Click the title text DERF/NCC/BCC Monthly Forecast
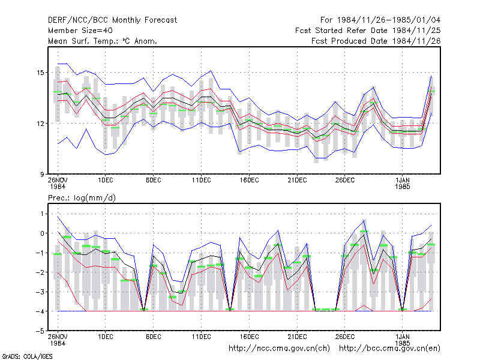tap(112, 20)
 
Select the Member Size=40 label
tap(80, 31)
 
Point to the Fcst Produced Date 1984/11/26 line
tap(376, 41)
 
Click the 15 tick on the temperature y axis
tap(40, 73)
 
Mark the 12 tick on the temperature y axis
tap(40, 124)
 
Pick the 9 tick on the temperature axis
tap(42, 175)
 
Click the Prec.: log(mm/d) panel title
tap(82, 198)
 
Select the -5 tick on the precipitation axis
tap(40, 331)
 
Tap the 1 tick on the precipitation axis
tap(42, 214)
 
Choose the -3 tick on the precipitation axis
tap(40, 292)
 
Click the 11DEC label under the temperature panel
tap(202, 181)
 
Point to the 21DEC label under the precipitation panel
tap(297, 337)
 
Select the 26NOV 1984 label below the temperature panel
tap(58, 184)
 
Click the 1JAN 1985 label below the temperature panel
tap(403, 184)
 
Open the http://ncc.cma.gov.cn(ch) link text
tap(280, 349)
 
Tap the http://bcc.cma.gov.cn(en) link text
tap(389, 349)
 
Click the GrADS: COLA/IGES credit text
tap(27, 356)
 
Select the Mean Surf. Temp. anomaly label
tap(103, 41)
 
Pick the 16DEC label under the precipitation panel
tap(250, 337)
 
